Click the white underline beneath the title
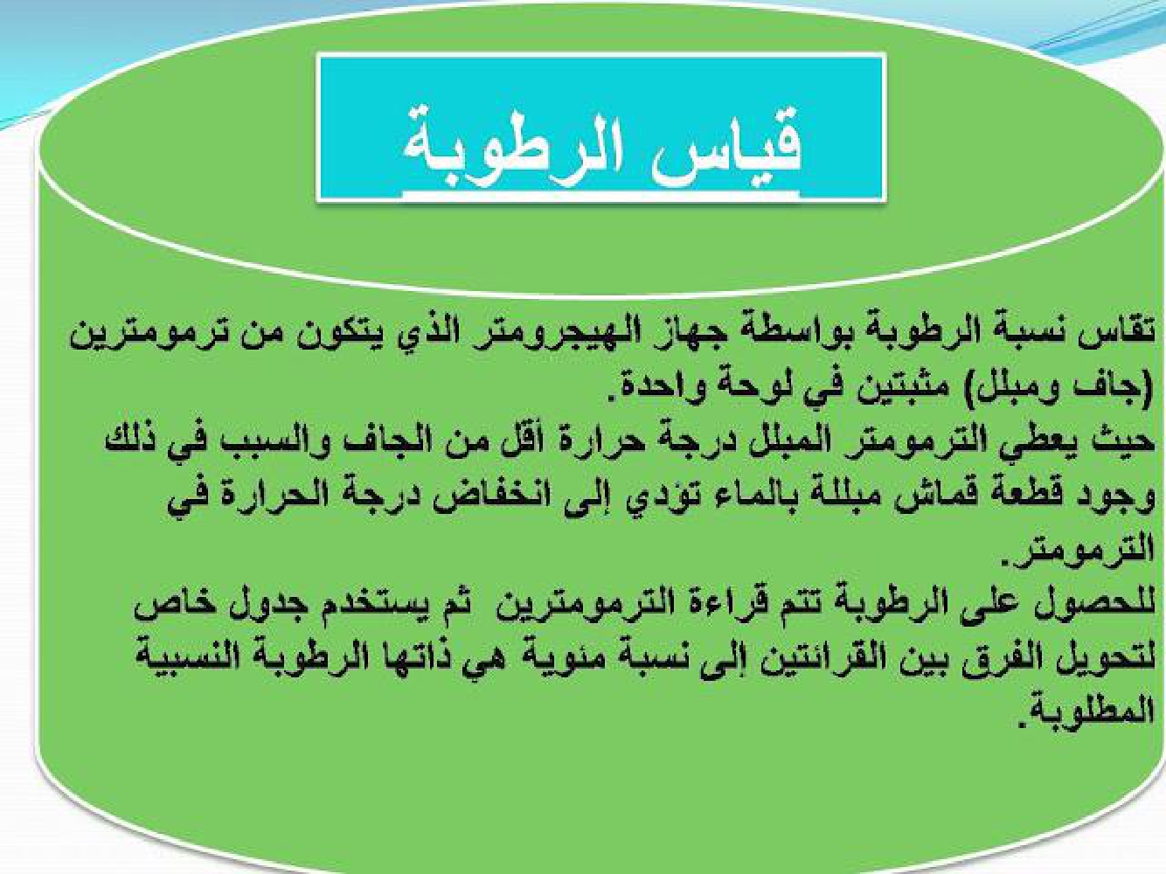pyautogui.click(x=600, y=196)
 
